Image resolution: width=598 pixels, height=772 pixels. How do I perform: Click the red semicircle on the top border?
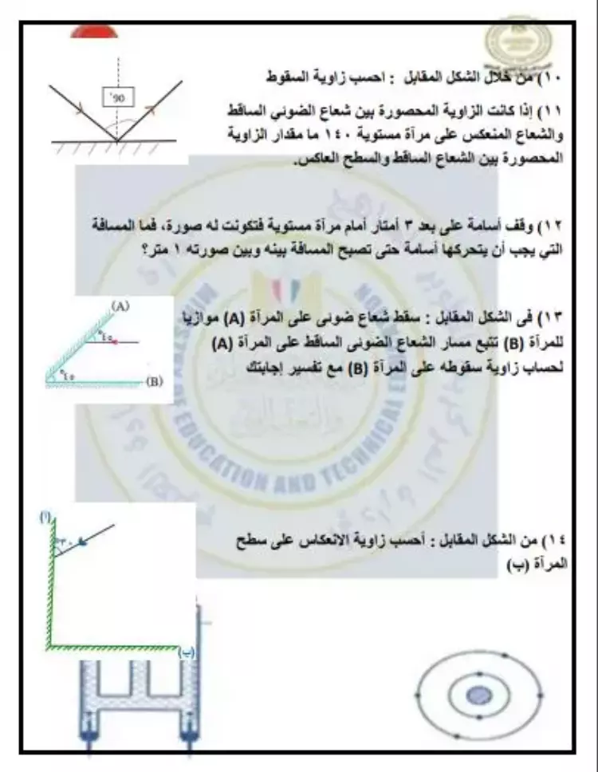click(94, 32)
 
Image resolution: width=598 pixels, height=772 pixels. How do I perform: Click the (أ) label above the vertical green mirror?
click(46, 519)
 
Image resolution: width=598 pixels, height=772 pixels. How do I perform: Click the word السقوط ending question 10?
click(289, 78)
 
